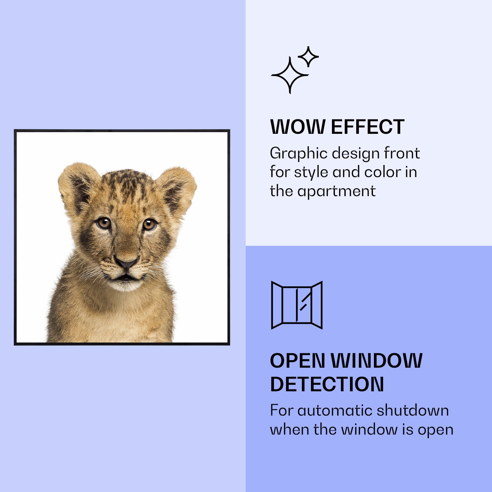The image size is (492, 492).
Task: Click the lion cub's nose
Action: (127, 262)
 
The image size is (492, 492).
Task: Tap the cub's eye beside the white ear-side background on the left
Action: (104, 223)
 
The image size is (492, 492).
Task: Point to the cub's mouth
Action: (126, 278)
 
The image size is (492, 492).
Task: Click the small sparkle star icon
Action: (308, 56)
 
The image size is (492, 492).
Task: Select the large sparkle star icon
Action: (290, 75)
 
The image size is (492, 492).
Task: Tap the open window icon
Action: (297, 305)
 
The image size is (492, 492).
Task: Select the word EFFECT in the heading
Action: (368, 127)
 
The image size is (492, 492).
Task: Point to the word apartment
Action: (336, 192)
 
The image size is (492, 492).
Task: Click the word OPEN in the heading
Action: (297, 361)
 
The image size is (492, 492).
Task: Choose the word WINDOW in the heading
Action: (376, 361)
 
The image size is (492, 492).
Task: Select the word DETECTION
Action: (327, 384)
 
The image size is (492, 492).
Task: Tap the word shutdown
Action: (413, 410)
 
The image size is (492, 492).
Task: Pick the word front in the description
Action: (402, 153)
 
